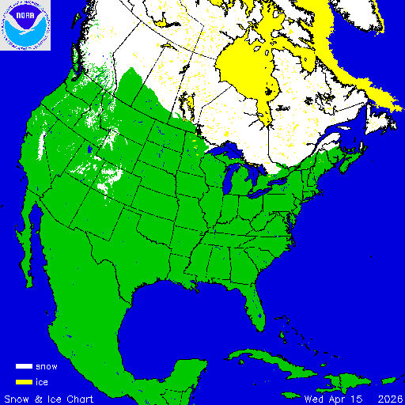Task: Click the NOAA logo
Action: pyautogui.click(x=25, y=25)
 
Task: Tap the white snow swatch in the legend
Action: pyautogui.click(x=24, y=367)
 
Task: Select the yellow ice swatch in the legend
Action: pyautogui.click(x=24, y=382)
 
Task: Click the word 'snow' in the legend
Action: pyautogui.click(x=47, y=367)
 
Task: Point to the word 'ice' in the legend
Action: pyautogui.click(x=42, y=382)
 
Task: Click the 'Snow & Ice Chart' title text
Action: pyautogui.click(x=49, y=398)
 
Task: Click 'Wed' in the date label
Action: pyautogui.click(x=314, y=398)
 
